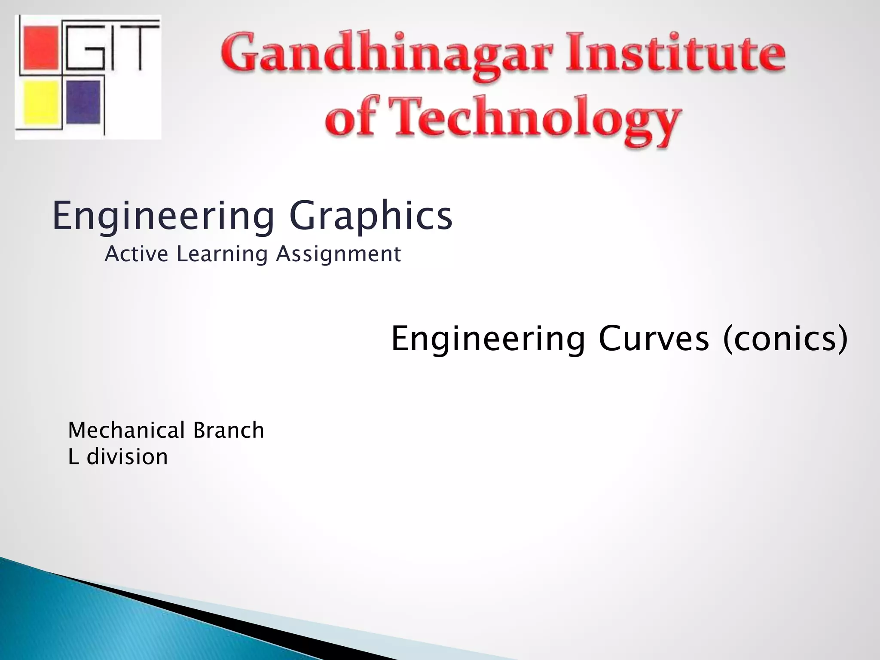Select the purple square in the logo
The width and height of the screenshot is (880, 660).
[x=84, y=102]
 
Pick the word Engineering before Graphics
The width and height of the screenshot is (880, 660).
[x=163, y=216]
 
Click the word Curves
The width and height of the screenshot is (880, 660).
[x=653, y=339]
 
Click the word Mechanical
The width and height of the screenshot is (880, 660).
[x=126, y=430]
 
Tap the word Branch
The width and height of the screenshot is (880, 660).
[x=229, y=430]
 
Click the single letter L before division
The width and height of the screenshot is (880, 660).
[x=73, y=456]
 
